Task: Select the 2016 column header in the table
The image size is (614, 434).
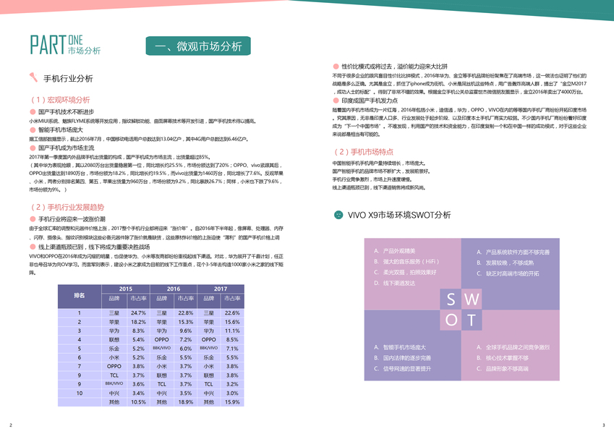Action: click(x=174, y=289)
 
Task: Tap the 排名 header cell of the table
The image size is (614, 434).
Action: click(x=80, y=296)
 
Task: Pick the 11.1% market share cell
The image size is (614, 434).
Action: click(x=232, y=331)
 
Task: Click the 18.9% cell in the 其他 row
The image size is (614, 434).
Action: click(x=186, y=401)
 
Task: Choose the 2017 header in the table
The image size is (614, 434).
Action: click(x=220, y=289)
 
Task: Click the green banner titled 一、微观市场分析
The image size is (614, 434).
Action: click(x=198, y=46)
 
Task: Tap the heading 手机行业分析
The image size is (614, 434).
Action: click(x=68, y=78)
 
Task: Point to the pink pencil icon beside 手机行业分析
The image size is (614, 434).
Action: click(x=34, y=77)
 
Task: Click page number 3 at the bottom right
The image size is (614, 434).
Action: click(x=603, y=425)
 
